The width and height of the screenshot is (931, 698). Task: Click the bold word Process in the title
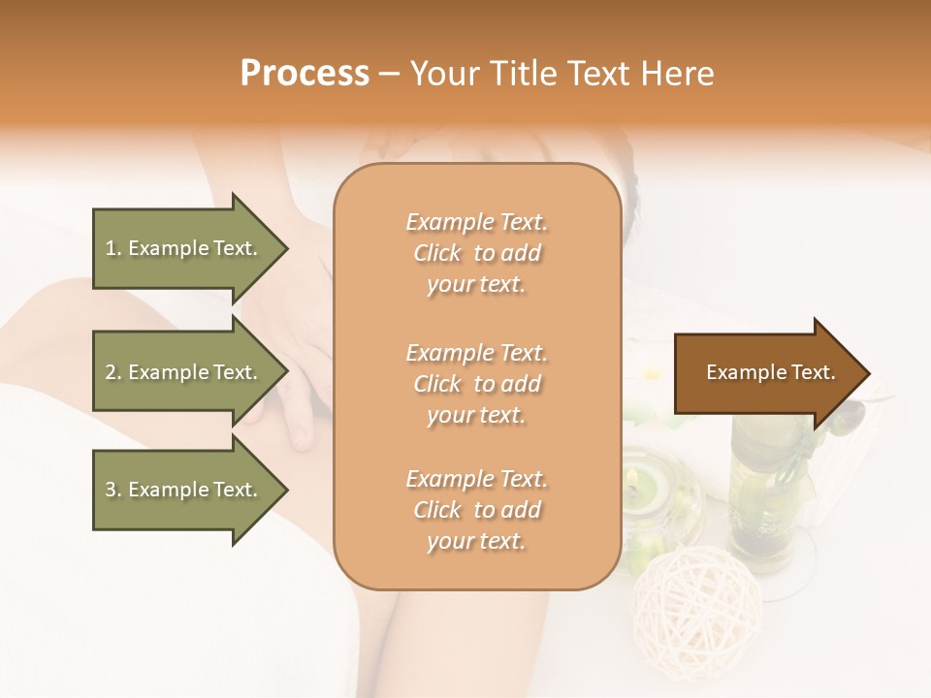click(305, 74)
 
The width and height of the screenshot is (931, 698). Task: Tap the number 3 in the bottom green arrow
click(111, 490)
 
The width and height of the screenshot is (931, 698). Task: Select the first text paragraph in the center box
click(476, 253)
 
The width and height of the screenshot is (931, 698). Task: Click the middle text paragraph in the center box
click(476, 384)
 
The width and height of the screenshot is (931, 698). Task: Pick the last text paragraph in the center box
click(476, 510)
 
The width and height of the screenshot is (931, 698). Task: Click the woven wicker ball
click(684, 595)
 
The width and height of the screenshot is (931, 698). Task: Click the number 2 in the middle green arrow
click(111, 372)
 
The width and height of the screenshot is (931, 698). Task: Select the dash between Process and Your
click(389, 74)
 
